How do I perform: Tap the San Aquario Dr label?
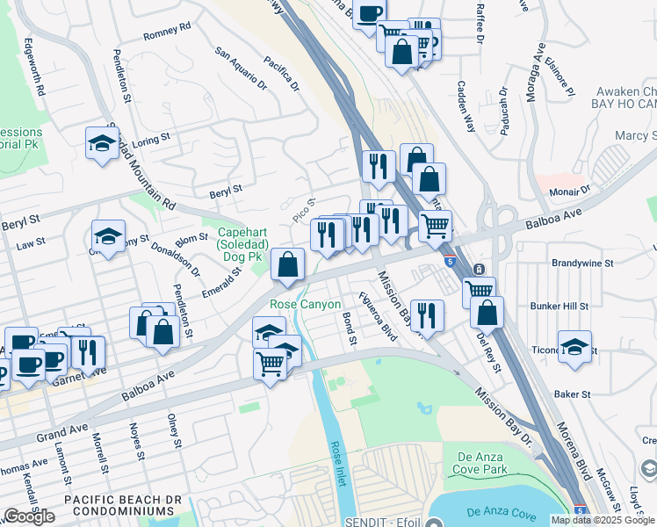click(241, 69)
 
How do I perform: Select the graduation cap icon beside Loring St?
click(102, 143)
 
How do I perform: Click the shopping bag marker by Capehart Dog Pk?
click(287, 263)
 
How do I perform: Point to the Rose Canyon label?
click(305, 304)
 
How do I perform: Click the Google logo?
click(29, 516)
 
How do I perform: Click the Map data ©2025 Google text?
click(602, 520)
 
